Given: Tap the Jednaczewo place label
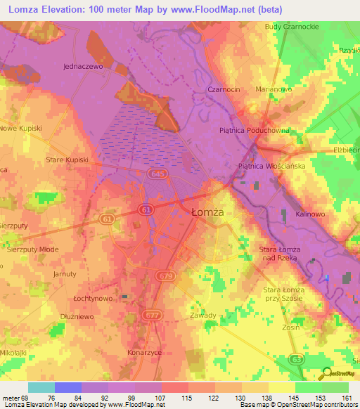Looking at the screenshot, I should (x=83, y=65).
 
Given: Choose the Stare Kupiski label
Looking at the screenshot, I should (x=67, y=160).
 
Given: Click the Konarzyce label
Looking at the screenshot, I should (x=146, y=352).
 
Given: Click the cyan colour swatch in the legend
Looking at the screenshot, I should (x=41, y=387).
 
